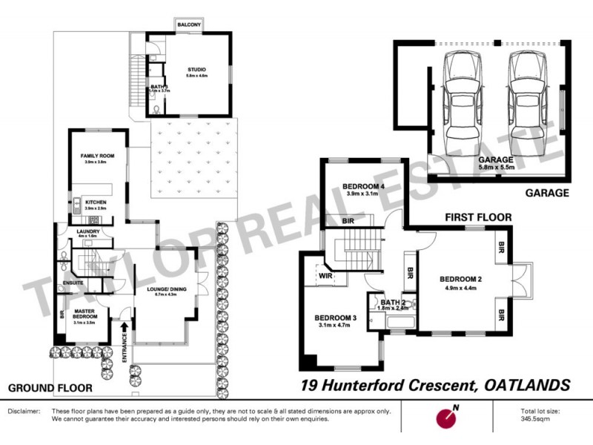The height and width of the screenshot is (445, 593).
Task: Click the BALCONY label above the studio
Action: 186,24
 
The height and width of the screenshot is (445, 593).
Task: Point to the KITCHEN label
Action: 96,202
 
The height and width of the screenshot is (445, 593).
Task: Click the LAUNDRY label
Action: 87,231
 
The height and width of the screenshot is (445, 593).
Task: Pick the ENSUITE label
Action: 73,283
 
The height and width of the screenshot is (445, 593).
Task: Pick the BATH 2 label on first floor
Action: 393,302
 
